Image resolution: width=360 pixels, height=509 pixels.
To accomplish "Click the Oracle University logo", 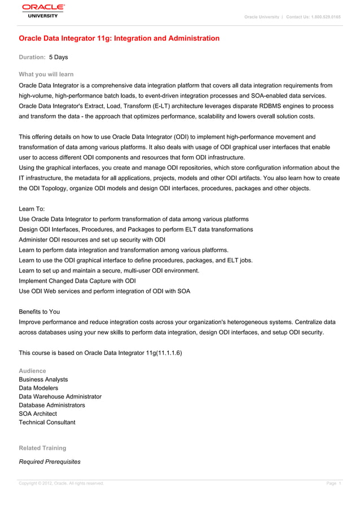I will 43,11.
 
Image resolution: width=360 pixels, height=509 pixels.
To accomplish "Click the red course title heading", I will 119,38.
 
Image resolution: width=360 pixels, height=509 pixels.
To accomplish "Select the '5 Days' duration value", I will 58,57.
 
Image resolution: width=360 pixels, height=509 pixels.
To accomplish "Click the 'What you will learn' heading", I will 46,74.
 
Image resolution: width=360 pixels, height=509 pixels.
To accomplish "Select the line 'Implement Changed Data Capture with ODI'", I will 77,280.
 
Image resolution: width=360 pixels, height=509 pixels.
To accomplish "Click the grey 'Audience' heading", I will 33,371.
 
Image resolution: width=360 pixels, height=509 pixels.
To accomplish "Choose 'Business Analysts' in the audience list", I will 43,380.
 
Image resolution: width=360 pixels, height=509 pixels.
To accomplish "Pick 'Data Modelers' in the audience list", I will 38,388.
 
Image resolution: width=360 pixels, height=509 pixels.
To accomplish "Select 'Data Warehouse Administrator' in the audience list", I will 60,397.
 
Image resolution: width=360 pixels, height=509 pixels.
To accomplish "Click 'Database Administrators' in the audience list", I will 52,405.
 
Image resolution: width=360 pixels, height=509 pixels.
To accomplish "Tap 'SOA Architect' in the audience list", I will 38,414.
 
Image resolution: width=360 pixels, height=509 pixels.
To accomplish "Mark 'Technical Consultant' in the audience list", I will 47,422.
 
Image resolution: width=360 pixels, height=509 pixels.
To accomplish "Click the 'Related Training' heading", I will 42,448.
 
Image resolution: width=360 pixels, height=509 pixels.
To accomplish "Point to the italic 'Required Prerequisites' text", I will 50,462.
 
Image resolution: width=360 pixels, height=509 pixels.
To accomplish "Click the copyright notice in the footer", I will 62,484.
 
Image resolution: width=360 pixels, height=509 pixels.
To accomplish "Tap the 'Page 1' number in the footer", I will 334,484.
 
